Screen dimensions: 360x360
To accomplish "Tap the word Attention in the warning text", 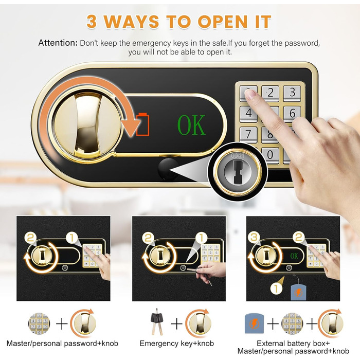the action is [58, 43].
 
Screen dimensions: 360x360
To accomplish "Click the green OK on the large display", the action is [191, 125].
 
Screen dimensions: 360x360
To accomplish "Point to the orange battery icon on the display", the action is [143, 124].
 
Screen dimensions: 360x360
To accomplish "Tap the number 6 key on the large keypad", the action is [292, 114].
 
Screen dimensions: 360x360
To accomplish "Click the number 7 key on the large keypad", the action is [248, 134].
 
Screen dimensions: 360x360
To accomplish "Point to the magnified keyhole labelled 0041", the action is [238, 171].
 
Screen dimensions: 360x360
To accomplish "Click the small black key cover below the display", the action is [168, 169].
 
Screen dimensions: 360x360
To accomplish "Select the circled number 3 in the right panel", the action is [254, 238].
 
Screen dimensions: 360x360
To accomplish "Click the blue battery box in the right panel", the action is [298, 292].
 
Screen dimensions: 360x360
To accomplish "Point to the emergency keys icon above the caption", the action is [157, 321].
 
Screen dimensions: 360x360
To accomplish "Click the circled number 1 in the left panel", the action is [72, 238].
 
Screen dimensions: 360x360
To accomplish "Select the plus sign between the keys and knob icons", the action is [176, 323].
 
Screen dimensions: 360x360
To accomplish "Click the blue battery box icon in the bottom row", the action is [254, 323].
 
